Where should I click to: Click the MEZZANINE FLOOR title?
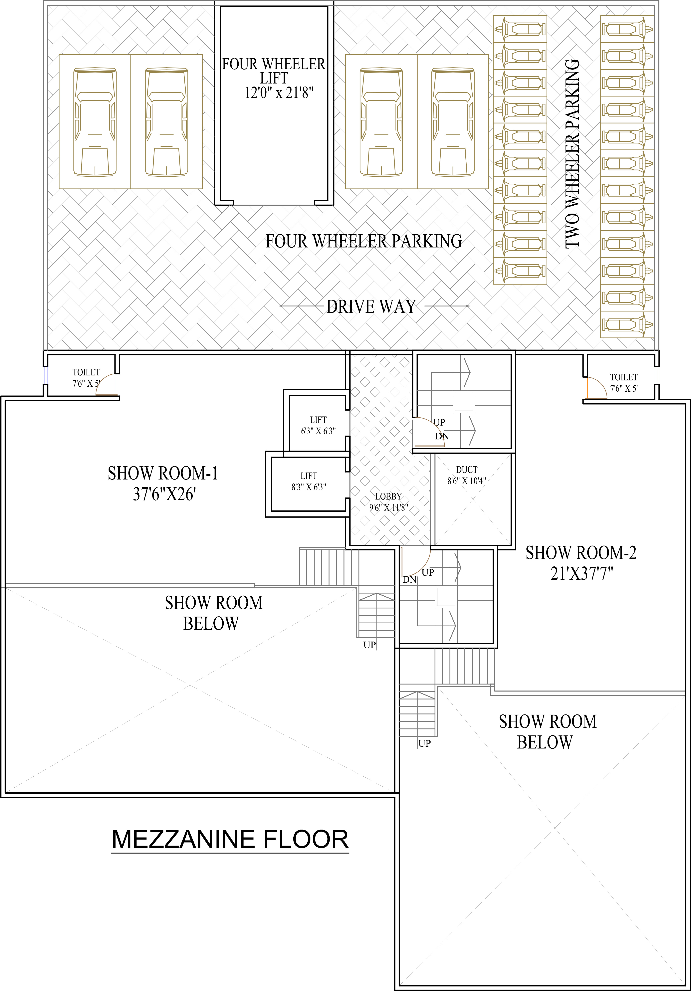(230, 839)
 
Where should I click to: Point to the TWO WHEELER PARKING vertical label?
(572, 153)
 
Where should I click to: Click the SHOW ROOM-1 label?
(163, 474)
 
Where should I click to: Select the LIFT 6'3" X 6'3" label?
(318, 425)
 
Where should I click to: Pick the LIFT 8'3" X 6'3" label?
(309, 481)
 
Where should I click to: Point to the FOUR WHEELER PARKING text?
(363, 241)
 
